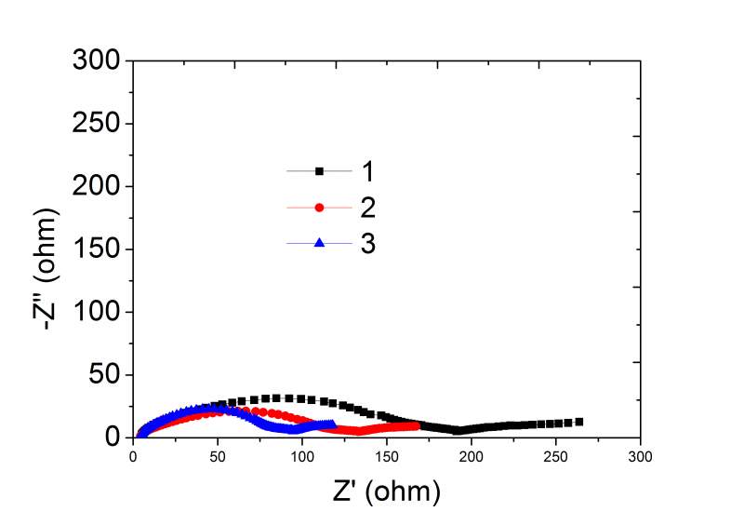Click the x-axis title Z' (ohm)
[x=385, y=490]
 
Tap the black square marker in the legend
[x=320, y=171]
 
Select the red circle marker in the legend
[x=320, y=207]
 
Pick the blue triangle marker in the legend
[x=320, y=243]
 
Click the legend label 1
[x=367, y=171]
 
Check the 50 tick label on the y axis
[x=103, y=376]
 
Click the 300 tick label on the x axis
[x=639, y=457]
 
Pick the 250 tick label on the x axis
[x=555, y=457]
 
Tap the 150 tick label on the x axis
[x=386, y=457]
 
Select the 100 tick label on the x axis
[x=301, y=457]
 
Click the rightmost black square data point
[x=579, y=422]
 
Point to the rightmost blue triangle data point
[x=332, y=424]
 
